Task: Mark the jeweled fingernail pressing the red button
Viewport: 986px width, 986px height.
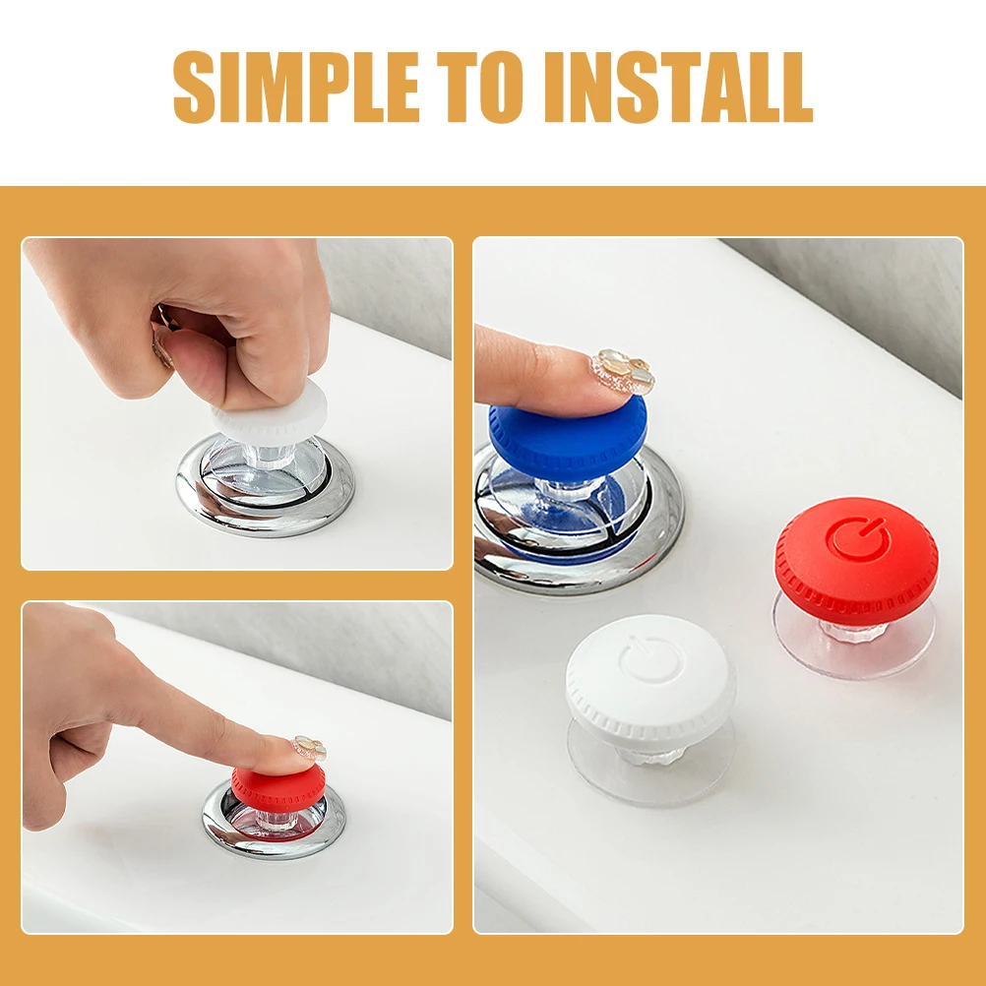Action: (x=309, y=748)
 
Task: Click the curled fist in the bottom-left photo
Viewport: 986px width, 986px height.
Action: (x=64, y=748)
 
